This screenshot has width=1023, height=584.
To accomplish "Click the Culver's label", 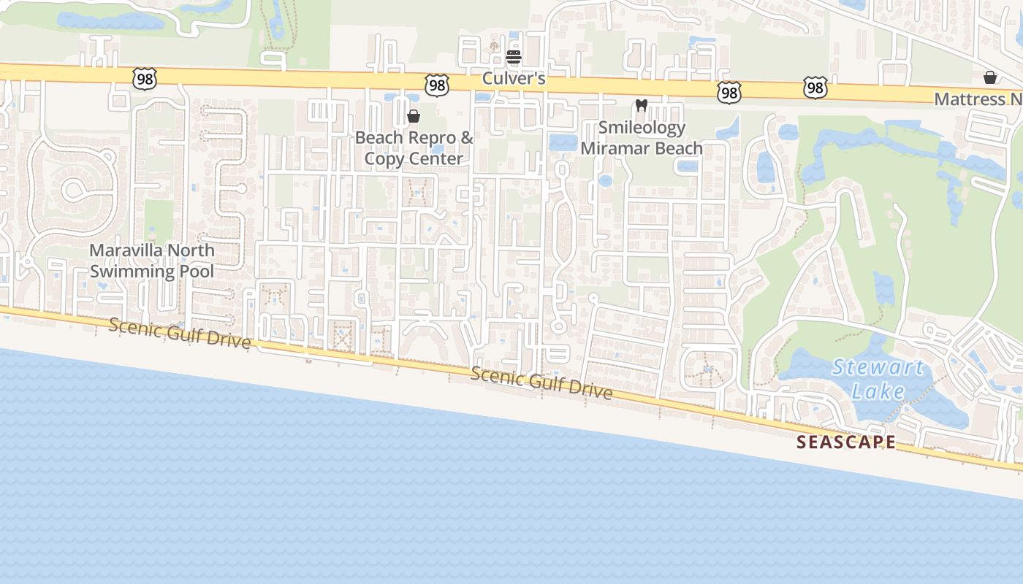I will (514, 78).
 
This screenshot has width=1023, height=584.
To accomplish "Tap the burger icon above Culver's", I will (514, 57).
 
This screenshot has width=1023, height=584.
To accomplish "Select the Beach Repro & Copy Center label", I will (414, 148).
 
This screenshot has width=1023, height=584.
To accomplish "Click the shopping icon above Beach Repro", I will (414, 116).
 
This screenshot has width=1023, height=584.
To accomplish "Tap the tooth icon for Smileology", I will (642, 106).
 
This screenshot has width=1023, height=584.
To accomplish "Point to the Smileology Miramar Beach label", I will (642, 138).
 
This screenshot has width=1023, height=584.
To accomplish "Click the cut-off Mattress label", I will (979, 99).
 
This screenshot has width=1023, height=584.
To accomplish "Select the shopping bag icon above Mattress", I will (990, 77).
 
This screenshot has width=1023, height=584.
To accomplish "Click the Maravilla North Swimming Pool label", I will (152, 261).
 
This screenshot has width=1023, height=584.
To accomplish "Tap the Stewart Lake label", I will (878, 379).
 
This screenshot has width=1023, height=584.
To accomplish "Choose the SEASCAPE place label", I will (846, 442).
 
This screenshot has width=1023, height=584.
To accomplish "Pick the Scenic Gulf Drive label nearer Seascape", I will (541, 383).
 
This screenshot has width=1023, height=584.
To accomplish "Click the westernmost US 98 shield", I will (145, 79).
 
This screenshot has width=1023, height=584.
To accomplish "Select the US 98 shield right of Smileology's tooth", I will (729, 92).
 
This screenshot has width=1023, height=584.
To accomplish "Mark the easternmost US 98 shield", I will (815, 88).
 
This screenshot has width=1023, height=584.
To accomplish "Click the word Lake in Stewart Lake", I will (878, 391).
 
